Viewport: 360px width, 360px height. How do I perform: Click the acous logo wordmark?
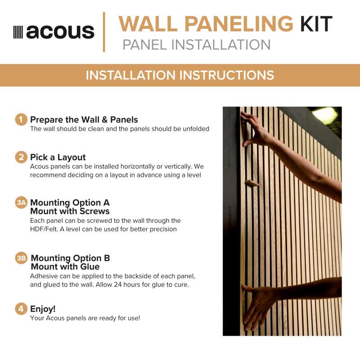click(60, 32)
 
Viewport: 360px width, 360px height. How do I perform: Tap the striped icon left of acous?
click(18, 32)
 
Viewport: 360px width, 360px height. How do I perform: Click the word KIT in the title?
click(316, 24)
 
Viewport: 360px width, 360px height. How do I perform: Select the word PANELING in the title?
click(239, 24)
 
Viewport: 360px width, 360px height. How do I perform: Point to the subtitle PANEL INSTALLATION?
click(197, 45)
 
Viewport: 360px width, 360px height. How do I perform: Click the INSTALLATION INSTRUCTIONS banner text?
click(180, 75)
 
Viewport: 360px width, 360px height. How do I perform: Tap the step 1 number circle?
click(21, 120)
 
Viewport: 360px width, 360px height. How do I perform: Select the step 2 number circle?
click(21, 157)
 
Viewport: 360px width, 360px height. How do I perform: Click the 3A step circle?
click(21, 202)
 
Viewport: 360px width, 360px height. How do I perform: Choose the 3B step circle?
click(21, 258)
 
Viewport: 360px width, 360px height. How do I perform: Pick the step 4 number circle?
click(21, 309)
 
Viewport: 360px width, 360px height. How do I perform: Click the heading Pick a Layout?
click(58, 157)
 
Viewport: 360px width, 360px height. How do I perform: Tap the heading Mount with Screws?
click(70, 211)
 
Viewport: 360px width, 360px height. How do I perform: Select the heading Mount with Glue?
click(65, 266)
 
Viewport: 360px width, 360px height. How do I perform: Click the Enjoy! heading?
click(43, 309)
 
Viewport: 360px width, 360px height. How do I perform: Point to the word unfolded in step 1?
click(196, 129)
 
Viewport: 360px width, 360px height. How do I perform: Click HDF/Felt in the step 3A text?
click(44, 229)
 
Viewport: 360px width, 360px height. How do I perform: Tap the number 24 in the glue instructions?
click(118, 285)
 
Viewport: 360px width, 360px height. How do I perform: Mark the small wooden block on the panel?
click(252, 184)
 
